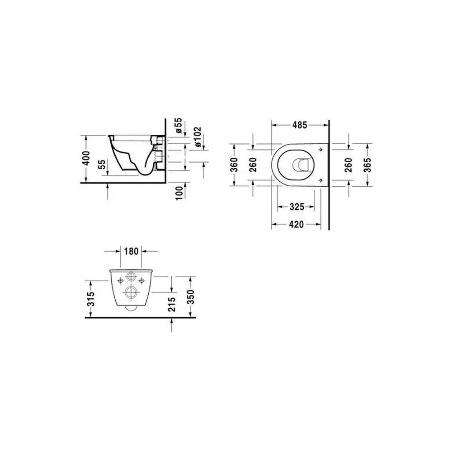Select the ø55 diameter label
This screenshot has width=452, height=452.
[x=179, y=125]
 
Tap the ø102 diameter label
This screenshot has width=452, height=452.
[x=198, y=137]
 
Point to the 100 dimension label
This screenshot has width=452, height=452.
[x=179, y=193]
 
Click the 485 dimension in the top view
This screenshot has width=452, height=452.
[x=300, y=125]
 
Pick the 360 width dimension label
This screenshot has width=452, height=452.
[x=235, y=165]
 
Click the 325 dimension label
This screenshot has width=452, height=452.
[x=297, y=207]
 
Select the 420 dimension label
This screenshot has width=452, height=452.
[x=297, y=224]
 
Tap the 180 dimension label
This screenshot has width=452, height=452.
[x=132, y=251]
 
